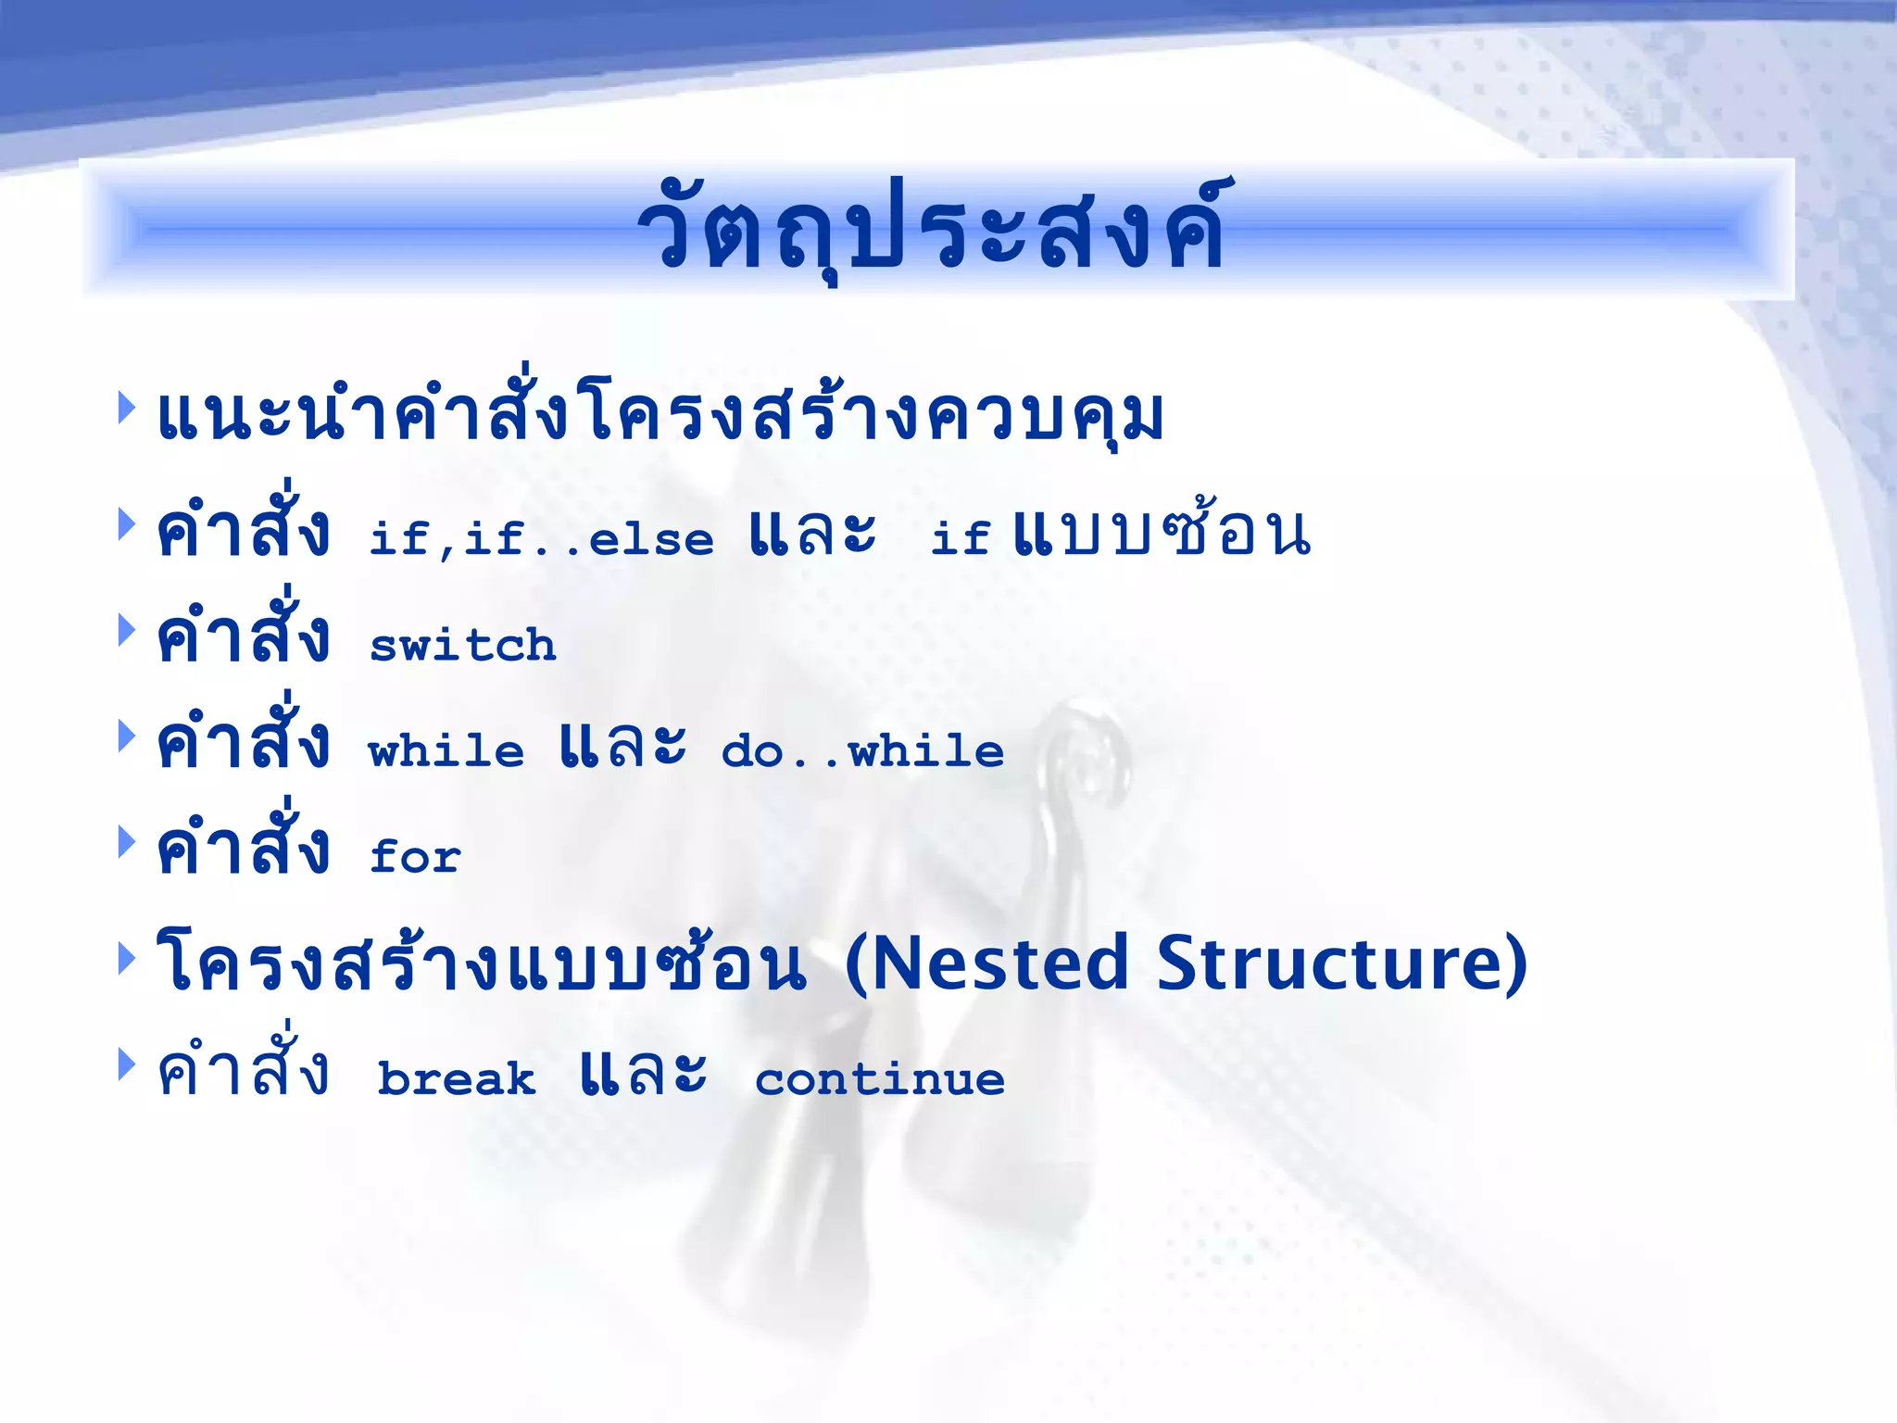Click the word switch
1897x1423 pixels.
point(463,645)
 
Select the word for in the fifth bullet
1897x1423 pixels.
point(415,856)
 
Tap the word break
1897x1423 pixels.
point(457,1079)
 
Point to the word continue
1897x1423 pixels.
point(880,1079)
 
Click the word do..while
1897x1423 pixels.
point(862,750)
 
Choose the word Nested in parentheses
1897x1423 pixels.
point(986,963)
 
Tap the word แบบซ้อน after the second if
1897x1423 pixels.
point(1162,534)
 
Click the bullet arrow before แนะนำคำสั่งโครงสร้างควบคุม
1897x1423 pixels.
point(127,408)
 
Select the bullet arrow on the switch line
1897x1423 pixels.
point(127,631)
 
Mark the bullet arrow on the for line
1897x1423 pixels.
point(127,842)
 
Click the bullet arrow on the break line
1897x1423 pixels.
point(127,1064)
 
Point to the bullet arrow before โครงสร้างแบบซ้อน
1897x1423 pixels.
point(127,958)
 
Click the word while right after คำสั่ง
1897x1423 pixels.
point(446,750)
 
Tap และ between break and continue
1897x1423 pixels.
point(643,1075)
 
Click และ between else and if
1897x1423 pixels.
point(812,534)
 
